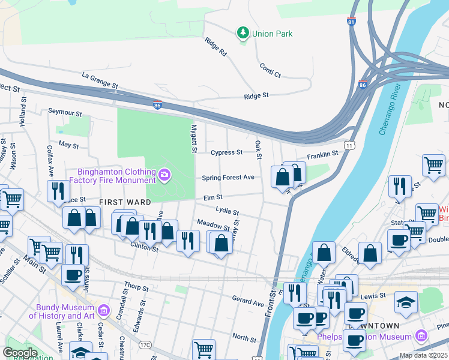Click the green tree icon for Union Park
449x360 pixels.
[x=243, y=34]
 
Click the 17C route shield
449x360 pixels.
[x=144, y=345]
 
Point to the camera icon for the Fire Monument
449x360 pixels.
[x=164, y=175]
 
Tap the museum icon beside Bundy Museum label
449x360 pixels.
[x=104, y=311]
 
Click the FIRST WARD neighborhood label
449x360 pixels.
[x=125, y=202]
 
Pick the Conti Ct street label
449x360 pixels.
[x=270, y=70]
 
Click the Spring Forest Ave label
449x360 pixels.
[x=228, y=178]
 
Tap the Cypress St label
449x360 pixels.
[x=226, y=152]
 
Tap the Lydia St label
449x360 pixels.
[x=228, y=211]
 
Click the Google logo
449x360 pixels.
[x=20, y=353]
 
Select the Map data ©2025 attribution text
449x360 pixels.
[x=423, y=355]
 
